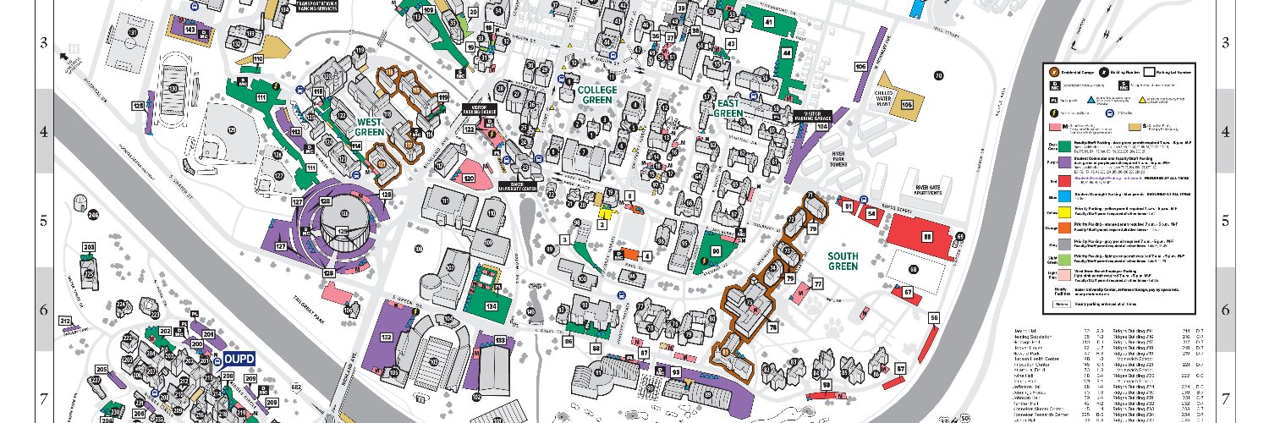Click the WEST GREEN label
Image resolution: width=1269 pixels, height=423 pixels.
click(371, 126)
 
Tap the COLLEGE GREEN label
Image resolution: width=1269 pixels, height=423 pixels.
click(601, 93)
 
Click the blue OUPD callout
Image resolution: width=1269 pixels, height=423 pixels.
click(239, 357)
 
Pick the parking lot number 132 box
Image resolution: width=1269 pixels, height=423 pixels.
click(387, 338)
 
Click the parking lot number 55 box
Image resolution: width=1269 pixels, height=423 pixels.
click(934, 318)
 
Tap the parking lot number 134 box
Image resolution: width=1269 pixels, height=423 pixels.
click(492, 305)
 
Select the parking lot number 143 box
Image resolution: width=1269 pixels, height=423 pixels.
click(190, 30)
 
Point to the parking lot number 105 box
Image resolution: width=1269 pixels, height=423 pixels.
click(907, 105)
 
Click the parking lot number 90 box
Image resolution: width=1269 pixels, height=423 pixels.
click(716, 251)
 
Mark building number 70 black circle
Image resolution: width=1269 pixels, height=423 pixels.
click(938, 76)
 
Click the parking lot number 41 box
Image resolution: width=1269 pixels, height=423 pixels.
click(768, 21)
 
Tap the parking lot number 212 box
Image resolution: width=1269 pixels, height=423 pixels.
click(65, 321)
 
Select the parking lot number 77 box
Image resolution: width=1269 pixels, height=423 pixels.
click(818, 284)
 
